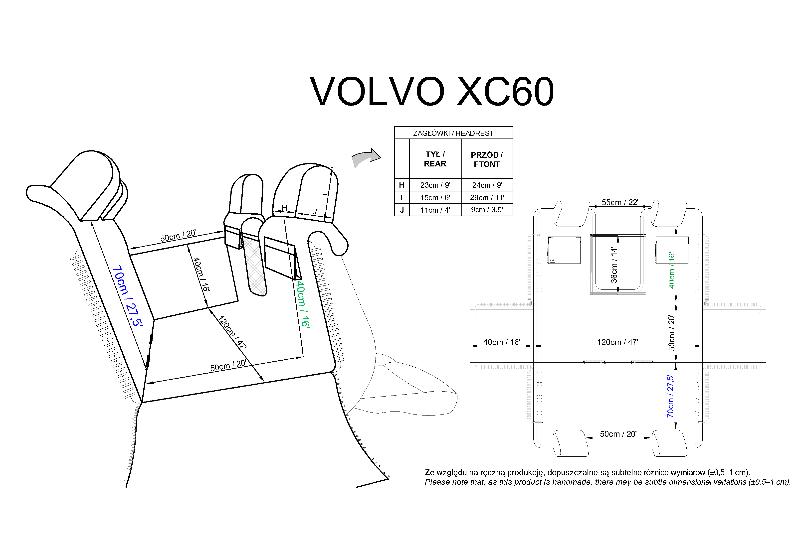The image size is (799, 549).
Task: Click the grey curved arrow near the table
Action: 366,158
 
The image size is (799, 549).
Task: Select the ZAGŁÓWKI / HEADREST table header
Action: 453,133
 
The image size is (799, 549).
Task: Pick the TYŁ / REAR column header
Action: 435,159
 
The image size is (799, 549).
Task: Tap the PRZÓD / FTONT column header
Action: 487,159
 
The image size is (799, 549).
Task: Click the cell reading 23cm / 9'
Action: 435,185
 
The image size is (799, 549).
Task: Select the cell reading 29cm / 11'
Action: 487,197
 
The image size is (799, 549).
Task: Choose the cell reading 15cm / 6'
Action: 435,197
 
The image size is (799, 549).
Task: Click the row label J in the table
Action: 401,210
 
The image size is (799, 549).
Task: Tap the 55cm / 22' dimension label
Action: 620,202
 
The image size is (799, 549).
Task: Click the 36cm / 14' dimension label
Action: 614,265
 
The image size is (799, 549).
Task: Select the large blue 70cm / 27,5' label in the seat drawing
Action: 127,296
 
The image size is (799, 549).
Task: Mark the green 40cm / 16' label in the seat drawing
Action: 303,304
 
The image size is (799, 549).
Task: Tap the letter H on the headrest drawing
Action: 284,208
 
